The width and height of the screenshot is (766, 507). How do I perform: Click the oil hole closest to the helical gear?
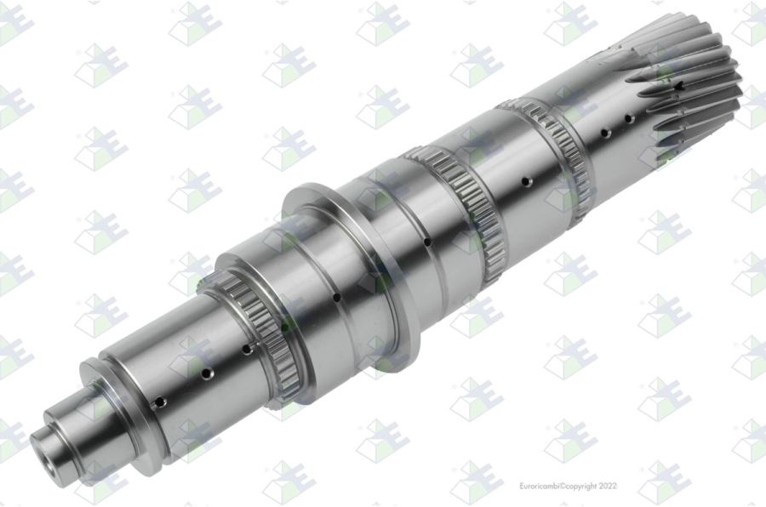coord(630,119)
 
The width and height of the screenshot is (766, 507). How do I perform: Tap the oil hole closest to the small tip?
coord(160,403)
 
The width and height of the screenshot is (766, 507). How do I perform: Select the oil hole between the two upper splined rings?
coord(526,182)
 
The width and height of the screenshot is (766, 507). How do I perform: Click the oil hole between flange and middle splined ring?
coord(427,242)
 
